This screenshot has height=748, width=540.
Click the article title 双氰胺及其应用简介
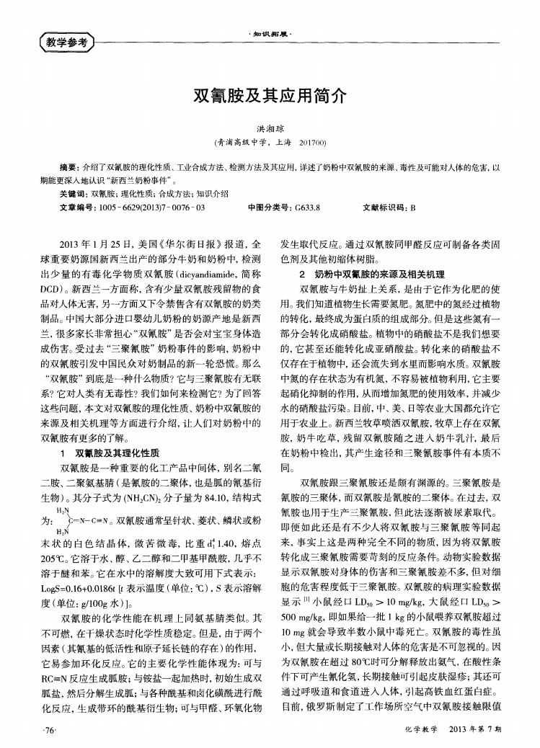coord(270,94)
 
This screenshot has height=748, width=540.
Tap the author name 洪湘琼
coord(270,125)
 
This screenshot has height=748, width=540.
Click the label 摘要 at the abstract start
coord(68,166)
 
